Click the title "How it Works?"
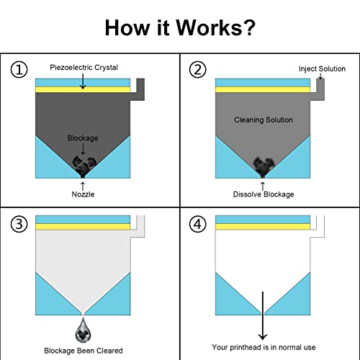pos(180,27)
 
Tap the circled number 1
pos(19,70)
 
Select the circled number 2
pos(197,70)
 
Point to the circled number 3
pos(19,225)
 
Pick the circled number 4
pos(197,225)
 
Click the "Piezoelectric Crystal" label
pos(84,68)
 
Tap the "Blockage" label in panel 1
pos(83,138)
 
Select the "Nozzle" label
pos(83,194)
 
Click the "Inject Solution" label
pos(322,69)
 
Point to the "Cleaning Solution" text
pos(264,120)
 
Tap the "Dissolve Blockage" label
pos(264,194)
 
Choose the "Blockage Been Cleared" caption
pos(84,351)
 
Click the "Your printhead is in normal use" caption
pos(264,347)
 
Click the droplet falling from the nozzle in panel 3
pos(83,330)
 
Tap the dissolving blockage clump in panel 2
pos(264,166)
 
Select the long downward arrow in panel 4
pos(263,316)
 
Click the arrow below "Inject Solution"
pos(320,76)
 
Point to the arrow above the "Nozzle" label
pos(83,186)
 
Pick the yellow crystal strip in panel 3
pos(83,227)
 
